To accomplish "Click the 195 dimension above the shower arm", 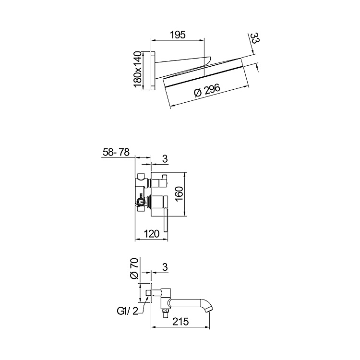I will (x=178, y=35).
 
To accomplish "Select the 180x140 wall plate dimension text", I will (x=138, y=70).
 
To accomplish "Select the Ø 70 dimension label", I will (x=135, y=269).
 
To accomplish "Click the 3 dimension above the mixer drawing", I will (x=164, y=158).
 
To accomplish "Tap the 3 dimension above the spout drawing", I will (x=164, y=266).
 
